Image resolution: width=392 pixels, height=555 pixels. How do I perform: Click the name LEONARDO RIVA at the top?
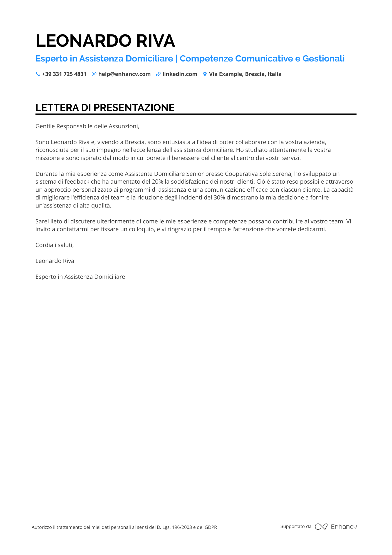click(x=105, y=41)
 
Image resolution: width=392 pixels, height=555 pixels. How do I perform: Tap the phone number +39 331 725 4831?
click(x=64, y=74)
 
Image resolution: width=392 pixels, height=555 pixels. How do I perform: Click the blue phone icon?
click(x=38, y=74)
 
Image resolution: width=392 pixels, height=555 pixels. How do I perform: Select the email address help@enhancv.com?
click(x=124, y=74)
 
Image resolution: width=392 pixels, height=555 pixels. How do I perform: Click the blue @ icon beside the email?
click(x=94, y=74)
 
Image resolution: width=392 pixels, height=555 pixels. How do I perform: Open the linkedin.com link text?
click(x=180, y=74)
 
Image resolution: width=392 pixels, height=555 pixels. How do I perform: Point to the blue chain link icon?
click(x=158, y=74)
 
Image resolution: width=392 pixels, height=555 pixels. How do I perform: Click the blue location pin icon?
click(x=205, y=74)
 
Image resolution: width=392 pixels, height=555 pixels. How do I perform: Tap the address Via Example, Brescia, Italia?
click(x=245, y=74)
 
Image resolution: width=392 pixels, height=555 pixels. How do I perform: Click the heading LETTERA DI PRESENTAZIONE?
click(x=105, y=108)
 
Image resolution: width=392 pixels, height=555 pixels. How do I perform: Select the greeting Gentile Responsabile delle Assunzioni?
click(x=87, y=126)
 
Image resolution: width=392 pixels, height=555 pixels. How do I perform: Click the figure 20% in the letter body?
click(x=157, y=182)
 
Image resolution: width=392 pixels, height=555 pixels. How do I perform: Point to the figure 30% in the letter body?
click(x=219, y=198)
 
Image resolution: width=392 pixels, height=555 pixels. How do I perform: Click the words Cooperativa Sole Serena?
click(x=258, y=174)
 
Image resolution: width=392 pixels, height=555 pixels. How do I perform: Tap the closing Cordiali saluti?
click(x=54, y=245)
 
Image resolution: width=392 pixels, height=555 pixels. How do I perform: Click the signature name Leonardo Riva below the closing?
click(x=55, y=261)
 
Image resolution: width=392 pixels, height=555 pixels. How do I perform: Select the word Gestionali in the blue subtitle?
click(x=323, y=59)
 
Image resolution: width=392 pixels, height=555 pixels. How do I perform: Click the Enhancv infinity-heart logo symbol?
click(x=321, y=527)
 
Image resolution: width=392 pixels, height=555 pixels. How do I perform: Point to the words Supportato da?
click(x=296, y=526)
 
